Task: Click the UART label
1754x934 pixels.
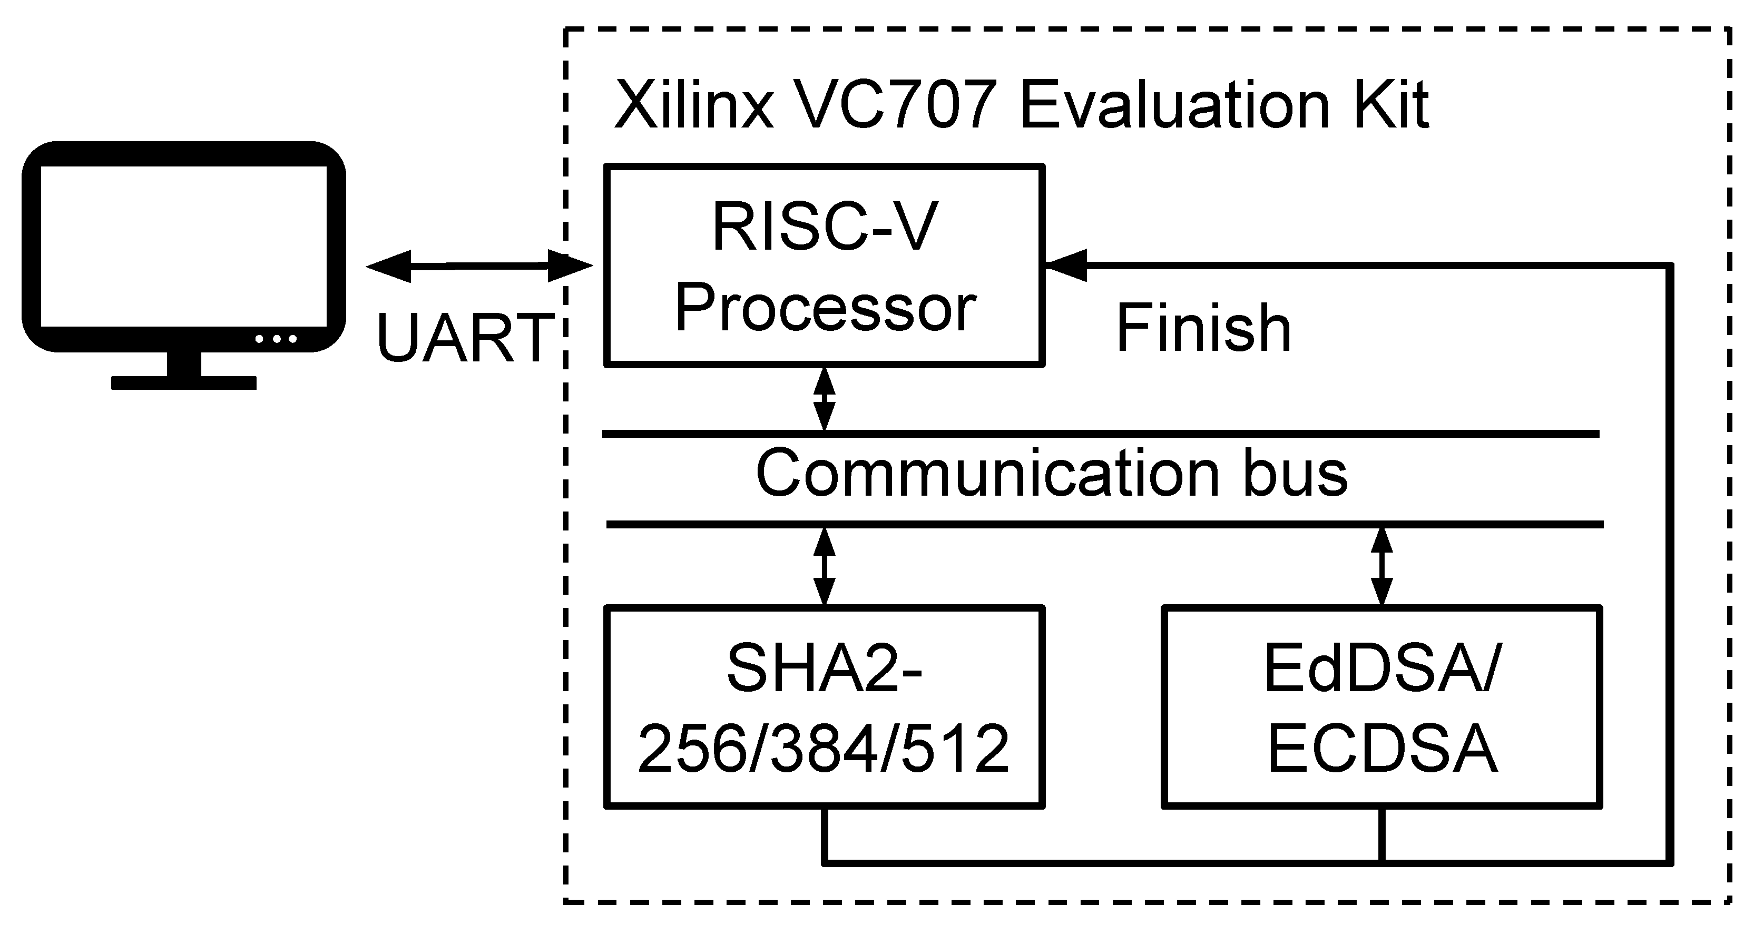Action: coord(465,338)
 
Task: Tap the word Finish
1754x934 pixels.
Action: coord(1203,329)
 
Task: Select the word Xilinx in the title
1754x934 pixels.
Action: coord(694,105)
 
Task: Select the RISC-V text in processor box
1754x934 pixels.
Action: coord(825,227)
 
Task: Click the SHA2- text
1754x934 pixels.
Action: coord(825,668)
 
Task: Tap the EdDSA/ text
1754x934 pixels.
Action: coord(1382,668)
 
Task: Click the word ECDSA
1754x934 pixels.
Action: coord(1382,749)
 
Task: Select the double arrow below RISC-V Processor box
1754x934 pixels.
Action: coord(825,400)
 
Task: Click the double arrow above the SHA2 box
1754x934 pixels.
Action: coord(825,566)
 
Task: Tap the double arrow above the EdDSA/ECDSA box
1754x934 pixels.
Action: coord(1381,566)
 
